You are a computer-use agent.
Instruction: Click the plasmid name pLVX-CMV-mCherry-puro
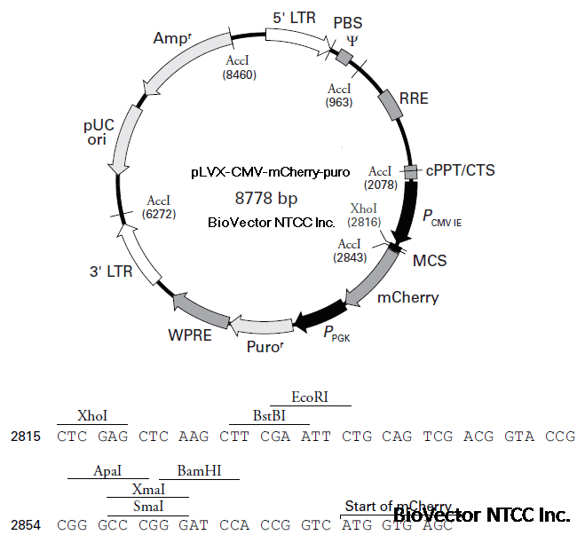tap(270, 171)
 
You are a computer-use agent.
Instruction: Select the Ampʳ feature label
tap(172, 38)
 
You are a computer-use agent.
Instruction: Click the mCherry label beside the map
tap(407, 297)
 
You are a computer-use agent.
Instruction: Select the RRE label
tap(414, 98)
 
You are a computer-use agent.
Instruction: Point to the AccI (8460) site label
tap(240, 67)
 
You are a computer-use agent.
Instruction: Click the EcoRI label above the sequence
tap(310, 397)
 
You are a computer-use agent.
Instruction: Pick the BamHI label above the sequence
tap(200, 472)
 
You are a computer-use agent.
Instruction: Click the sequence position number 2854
tap(26, 524)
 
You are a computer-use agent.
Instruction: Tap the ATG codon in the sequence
tap(357, 524)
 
